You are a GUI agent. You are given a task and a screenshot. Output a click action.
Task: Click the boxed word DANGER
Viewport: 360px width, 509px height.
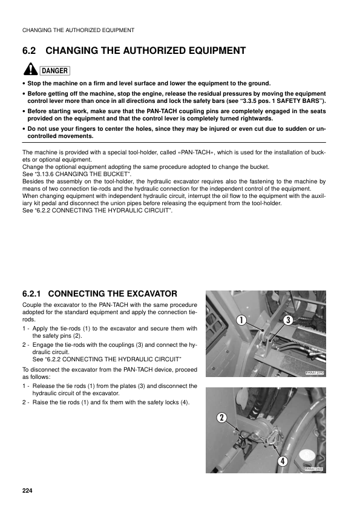click(54, 71)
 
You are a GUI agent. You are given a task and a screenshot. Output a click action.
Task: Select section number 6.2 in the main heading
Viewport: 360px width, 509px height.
click(30, 51)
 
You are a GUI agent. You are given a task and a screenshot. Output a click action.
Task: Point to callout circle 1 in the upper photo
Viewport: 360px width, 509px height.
click(240, 320)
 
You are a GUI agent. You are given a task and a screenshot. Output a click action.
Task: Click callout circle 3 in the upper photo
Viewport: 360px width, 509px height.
click(288, 320)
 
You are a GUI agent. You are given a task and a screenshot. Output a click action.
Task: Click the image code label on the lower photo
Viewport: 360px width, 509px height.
click(315, 469)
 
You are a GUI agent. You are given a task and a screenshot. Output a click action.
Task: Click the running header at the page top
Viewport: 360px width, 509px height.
click(78, 30)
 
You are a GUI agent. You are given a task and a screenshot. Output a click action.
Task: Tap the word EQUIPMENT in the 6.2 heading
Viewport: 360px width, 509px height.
click(205, 51)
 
